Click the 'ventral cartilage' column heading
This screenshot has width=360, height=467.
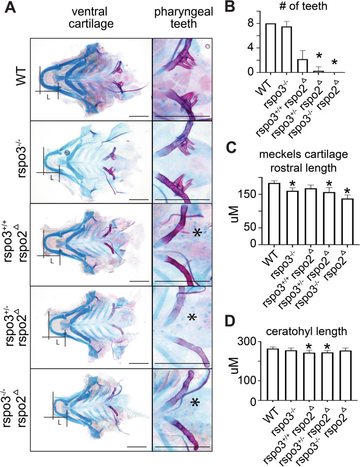[x=94, y=17]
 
